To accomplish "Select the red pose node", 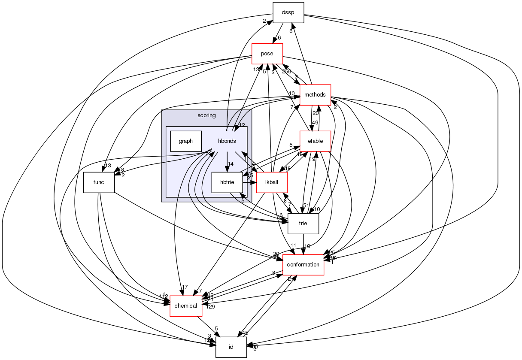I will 267,54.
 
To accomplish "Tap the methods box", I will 315,95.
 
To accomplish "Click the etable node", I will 315,142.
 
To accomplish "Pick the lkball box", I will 271,182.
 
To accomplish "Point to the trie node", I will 303,224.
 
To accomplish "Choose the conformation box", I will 303,265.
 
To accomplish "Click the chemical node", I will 186,306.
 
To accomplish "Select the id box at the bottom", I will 231,347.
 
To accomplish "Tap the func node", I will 99,182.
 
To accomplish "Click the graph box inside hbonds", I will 186,141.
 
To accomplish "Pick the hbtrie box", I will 227,182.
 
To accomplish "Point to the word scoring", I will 206,115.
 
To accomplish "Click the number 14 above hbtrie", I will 231,164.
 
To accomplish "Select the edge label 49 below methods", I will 315,123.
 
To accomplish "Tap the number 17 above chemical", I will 185,287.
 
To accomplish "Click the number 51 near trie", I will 306,205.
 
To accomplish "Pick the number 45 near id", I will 245,333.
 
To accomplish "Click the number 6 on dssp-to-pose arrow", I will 279,37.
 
